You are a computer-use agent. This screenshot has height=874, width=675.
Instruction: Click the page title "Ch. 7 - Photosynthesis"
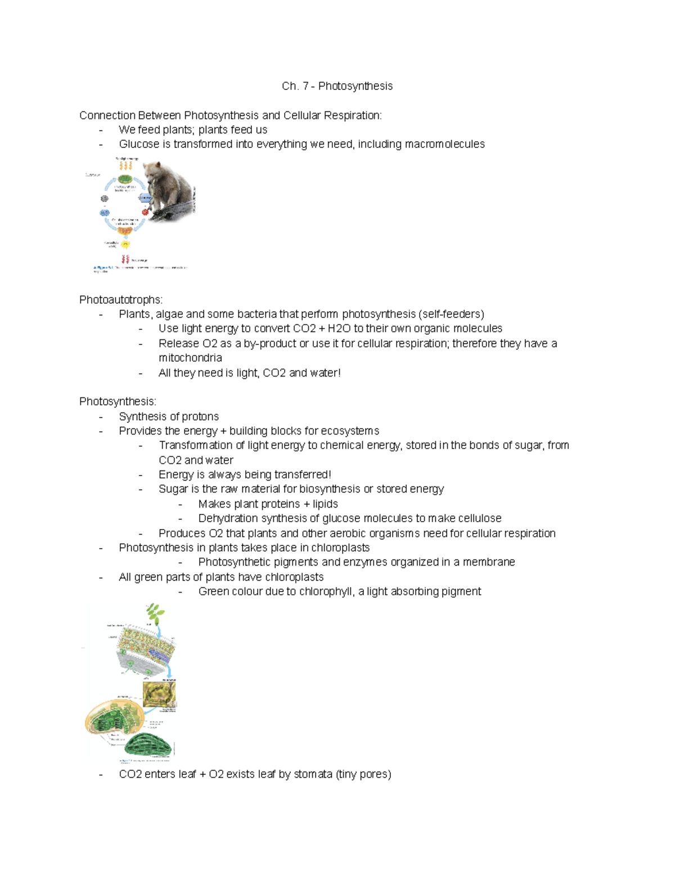click(337, 86)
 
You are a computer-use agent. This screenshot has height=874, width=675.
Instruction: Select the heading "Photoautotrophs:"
click(120, 299)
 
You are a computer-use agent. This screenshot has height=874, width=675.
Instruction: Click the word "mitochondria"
click(190, 358)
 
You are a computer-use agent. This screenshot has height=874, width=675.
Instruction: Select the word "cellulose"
click(479, 518)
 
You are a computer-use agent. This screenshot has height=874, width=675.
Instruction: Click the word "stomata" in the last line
click(313, 774)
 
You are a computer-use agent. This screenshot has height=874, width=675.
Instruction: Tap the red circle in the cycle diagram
click(145, 212)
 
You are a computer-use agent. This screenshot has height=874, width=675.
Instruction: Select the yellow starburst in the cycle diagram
click(125, 245)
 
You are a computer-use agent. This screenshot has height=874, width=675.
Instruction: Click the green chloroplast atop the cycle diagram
click(125, 180)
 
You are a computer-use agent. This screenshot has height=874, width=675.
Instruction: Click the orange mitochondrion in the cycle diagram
click(125, 230)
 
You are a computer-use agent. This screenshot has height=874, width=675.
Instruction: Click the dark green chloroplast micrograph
click(148, 746)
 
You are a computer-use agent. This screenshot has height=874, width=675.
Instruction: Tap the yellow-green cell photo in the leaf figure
click(159, 694)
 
